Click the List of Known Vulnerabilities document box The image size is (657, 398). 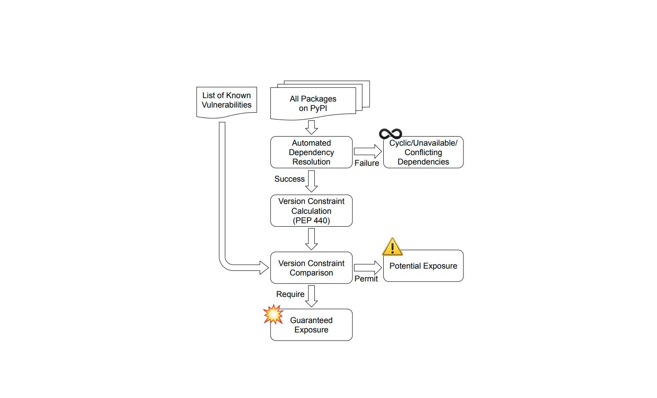[227, 101]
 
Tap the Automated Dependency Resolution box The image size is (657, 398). [311, 153]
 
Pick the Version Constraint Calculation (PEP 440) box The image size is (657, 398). [311, 211]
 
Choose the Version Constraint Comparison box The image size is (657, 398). [311, 268]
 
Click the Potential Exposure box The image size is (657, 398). [423, 266]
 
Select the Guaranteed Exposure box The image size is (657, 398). [311, 325]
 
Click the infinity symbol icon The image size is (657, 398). [391, 134]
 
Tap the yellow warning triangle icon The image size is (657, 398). [392, 247]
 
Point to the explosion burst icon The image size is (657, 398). [273, 314]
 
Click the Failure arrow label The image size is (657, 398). [367, 163]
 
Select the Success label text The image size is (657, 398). [290, 179]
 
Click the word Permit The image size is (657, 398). [366, 279]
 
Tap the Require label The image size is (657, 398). [290, 294]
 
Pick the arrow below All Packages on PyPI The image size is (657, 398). [311, 127]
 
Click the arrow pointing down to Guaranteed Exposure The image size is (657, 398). [311, 296]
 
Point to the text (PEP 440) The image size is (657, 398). [311, 221]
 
